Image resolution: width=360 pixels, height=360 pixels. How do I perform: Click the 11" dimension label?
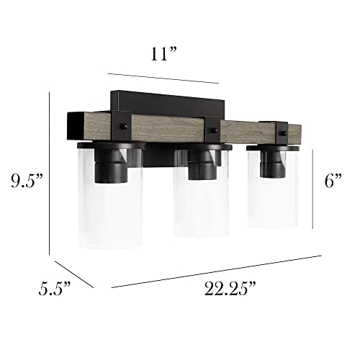[163, 54]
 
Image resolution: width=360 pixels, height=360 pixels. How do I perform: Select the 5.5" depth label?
[54, 288]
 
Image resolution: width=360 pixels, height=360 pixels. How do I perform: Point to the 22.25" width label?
[230, 288]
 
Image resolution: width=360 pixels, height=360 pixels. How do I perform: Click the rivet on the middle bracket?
[215, 130]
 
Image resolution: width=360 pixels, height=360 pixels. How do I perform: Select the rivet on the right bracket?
[284, 133]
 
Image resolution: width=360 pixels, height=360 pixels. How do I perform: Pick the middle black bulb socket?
[202, 164]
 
